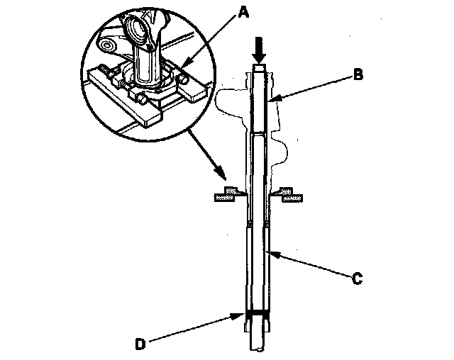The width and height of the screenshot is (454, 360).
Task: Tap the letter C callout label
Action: [358, 279]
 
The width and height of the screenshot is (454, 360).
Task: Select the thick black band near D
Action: [258, 313]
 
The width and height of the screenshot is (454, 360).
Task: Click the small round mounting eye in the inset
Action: [109, 47]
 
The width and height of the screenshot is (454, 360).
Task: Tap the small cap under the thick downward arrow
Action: [259, 68]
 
